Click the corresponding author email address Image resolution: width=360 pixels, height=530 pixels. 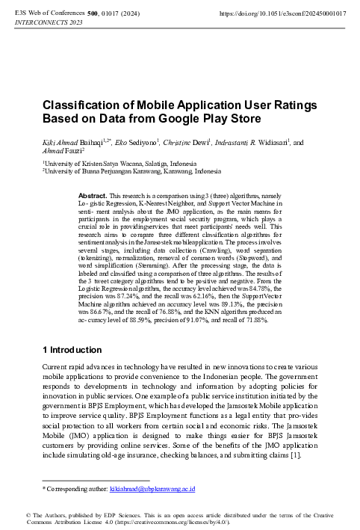point(152,488)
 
